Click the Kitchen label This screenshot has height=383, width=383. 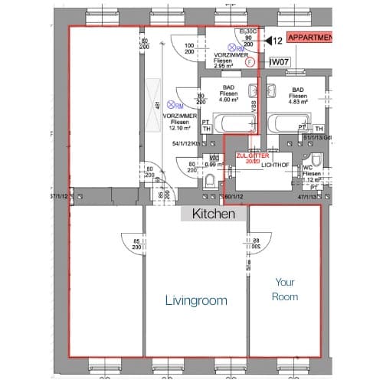(213, 214)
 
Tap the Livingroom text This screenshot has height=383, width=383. (196, 301)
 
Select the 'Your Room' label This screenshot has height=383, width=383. (285, 289)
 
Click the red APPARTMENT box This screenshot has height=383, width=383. (310, 38)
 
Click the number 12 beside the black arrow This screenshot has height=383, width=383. (277, 40)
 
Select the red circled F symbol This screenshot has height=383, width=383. (250, 64)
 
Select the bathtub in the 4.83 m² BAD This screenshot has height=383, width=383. (288, 123)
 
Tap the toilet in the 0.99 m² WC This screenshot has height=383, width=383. (211, 181)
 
